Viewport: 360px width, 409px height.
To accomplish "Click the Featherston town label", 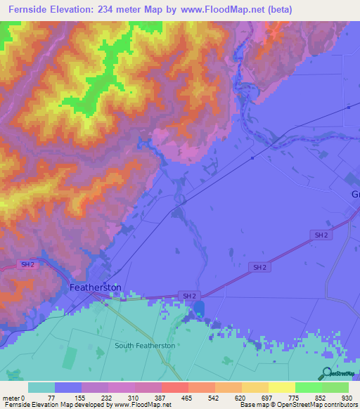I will click(96, 288).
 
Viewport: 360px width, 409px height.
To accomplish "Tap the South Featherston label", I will click(145, 346).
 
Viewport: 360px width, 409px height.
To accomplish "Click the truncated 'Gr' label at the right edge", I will click(354, 194).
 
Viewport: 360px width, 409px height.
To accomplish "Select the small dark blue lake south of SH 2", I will click(200, 309).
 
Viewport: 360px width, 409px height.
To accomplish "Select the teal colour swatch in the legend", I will click(41, 387).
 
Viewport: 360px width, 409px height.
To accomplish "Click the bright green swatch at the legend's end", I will click(335, 387).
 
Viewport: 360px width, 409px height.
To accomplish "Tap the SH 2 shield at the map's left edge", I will click(27, 264).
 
